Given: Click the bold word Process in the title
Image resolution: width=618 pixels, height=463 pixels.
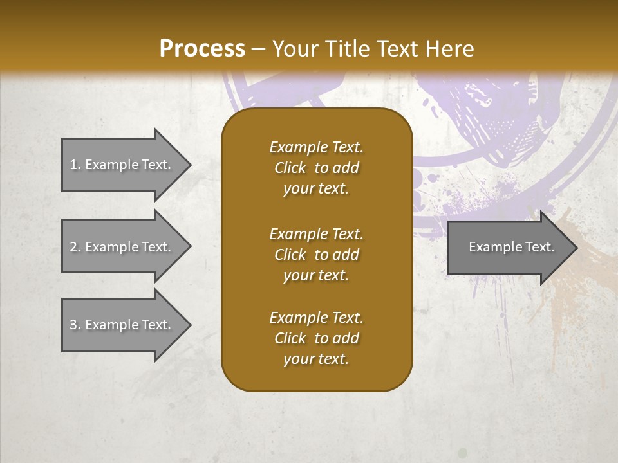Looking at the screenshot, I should point(202,48).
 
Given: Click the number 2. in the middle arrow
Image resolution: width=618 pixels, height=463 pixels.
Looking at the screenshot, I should point(75,247).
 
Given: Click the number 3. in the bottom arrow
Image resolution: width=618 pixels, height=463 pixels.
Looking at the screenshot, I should point(75,325).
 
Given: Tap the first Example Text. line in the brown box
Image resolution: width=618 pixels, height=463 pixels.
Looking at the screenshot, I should point(316,147).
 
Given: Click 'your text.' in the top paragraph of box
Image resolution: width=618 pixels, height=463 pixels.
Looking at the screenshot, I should point(316,188).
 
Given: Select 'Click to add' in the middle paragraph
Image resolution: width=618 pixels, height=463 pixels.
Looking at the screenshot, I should point(316,255).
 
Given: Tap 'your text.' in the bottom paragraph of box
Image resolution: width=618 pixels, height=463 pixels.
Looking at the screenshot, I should point(316,359).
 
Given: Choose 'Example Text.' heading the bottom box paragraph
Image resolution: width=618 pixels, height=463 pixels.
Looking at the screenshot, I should point(316,318).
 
